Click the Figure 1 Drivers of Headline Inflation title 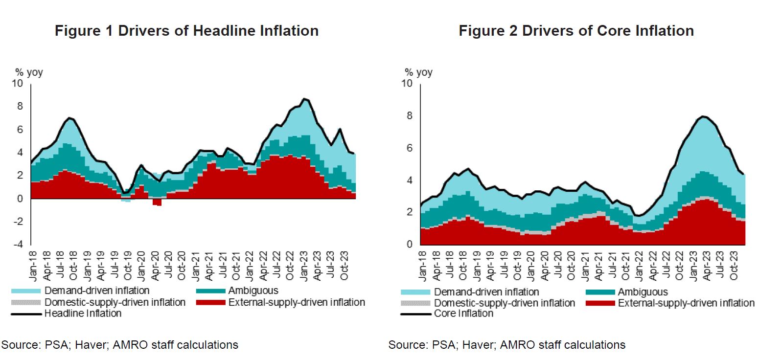pyautogui.click(x=186, y=31)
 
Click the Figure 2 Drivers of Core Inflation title pyautogui.click(x=576, y=31)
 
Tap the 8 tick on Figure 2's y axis pyautogui.click(x=410, y=116)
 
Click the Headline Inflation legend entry pyautogui.click(x=83, y=314)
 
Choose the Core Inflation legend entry pyautogui.click(x=463, y=314)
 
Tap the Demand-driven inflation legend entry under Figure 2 pyautogui.click(x=486, y=292)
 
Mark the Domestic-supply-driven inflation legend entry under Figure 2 pyautogui.click(x=504, y=303)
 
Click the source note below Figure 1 pyautogui.click(x=120, y=345)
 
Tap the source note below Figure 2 pyautogui.click(x=507, y=345)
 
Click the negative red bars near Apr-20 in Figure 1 pyautogui.click(x=157, y=202)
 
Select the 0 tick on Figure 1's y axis pyautogui.click(x=20, y=199)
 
